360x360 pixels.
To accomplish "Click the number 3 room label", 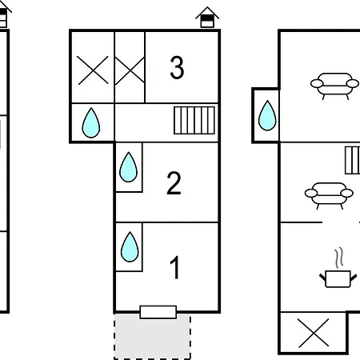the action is [x=177, y=68].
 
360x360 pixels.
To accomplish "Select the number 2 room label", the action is [x=174, y=183].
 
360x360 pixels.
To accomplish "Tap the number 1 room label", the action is [x=174, y=267].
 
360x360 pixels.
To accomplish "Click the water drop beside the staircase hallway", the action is [x=91, y=123].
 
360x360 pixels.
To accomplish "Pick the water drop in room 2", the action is [x=129, y=167].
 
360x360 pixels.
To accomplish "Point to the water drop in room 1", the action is [x=130, y=246].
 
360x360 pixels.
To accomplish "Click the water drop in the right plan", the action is [x=267, y=115].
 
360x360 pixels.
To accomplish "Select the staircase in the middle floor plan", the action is [x=194, y=120].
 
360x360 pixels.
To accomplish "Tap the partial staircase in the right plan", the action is [x=352, y=160].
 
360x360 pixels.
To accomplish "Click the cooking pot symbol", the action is [x=338, y=279].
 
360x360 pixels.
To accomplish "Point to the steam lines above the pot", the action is [x=338, y=258].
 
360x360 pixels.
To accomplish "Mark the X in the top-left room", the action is [x=93, y=70].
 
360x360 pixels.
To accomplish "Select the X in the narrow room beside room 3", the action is [x=130, y=70].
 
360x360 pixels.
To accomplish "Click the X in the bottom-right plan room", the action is [x=314, y=333].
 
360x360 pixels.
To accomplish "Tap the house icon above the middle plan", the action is [x=207, y=18].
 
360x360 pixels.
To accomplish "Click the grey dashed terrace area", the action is [x=152, y=337].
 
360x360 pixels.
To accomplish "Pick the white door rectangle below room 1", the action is [x=158, y=312].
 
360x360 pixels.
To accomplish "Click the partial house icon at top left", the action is [x=4, y=14].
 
